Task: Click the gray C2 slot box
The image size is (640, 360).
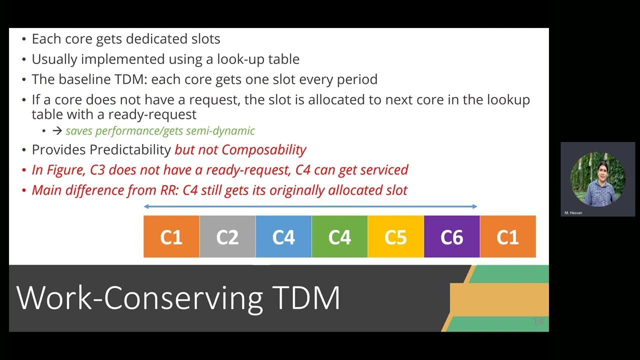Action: point(227,236)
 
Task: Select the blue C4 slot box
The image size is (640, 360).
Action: point(283,236)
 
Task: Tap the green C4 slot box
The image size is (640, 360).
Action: point(339,236)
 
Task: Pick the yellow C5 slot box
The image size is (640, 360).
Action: point(395,236)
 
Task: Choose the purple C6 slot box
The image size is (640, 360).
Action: point(451,236)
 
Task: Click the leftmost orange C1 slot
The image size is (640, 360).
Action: point(171,236)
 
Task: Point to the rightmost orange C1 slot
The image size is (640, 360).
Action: point(507,236)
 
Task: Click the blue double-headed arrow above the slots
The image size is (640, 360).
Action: point(310,206)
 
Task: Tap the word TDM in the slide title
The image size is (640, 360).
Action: point(306,298)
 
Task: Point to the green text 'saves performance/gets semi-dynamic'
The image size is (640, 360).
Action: point(160,131)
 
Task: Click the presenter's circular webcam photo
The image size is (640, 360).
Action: point(597,179)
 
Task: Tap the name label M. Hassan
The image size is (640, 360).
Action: point(573,213)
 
